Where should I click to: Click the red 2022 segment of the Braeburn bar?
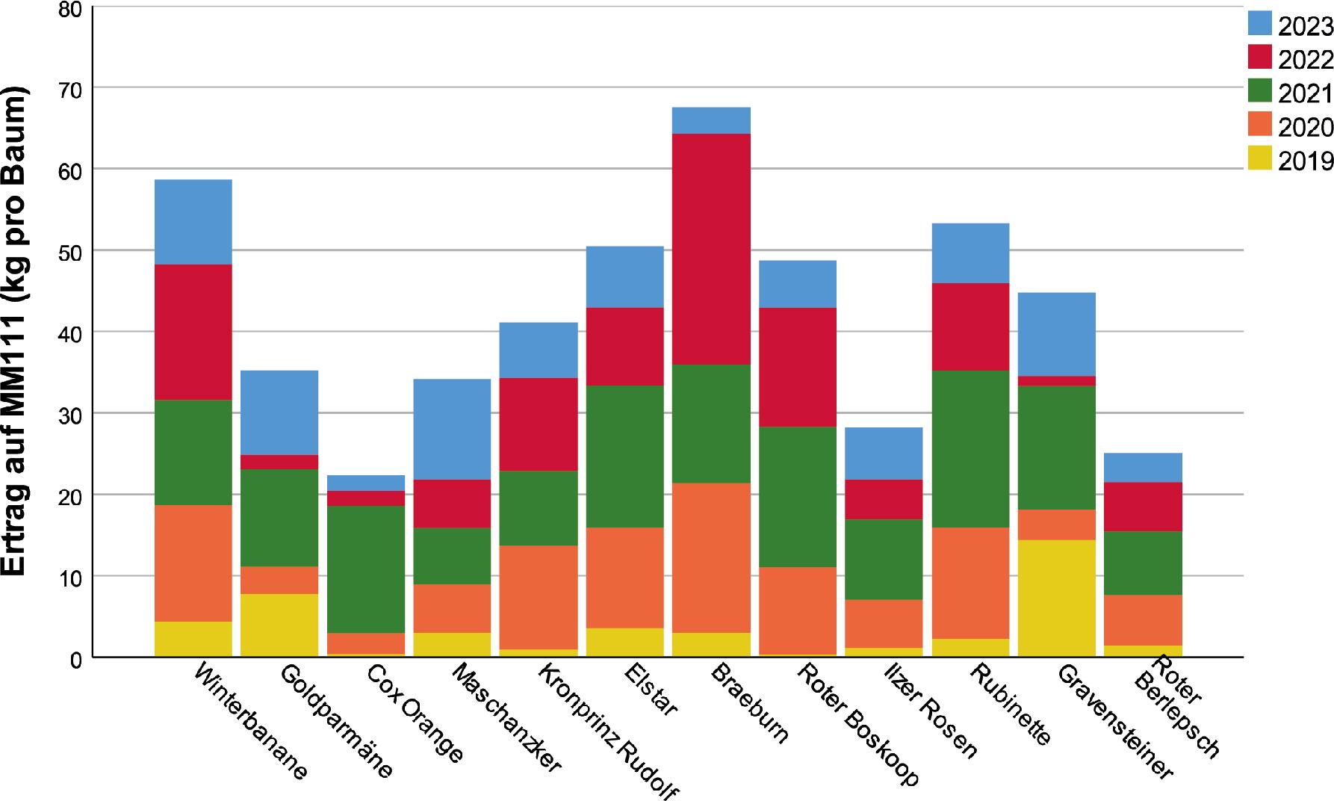(711, 249)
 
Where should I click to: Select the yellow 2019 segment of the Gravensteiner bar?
(1056, 598)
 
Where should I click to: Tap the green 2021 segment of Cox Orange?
(366, 569)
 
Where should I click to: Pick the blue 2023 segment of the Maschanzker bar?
(452, 429)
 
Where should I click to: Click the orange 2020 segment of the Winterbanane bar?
(193, 563)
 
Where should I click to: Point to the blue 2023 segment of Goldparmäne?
(279, 412)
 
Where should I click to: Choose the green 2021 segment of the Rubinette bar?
(970, 449)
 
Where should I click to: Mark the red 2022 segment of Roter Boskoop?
(798, 367)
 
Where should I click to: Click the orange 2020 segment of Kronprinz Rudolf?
(539, 597)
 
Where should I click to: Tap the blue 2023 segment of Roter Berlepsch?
(1143, 467)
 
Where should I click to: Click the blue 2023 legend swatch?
(1259, 24)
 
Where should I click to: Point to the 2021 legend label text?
(1305, 93)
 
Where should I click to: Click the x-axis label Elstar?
(649, 692)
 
